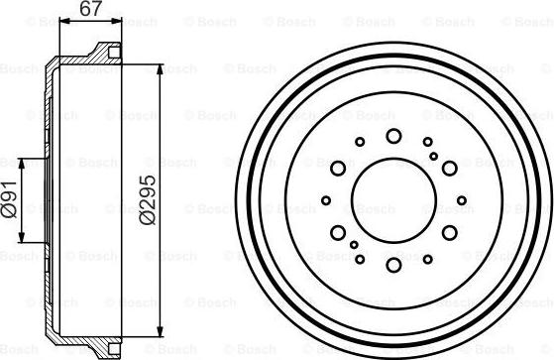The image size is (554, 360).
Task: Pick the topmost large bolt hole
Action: (x=393, y=136)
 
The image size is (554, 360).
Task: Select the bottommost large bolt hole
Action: (x=393, y=264)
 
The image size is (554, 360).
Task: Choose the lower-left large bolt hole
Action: (x=339, y=232)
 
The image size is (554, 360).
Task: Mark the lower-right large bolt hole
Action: (x=449, y=232)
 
